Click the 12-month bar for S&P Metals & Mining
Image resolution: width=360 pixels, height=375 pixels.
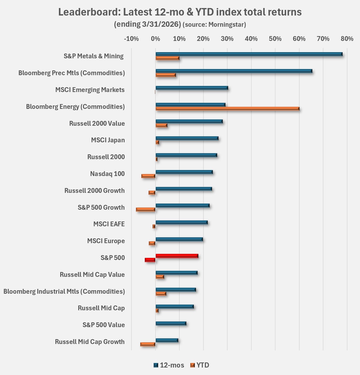tap(249, 54)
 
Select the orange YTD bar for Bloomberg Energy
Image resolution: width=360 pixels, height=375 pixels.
tap(227, 109)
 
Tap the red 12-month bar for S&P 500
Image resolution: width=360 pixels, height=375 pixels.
tap(177, 256)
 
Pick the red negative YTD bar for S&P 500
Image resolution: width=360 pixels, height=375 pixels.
tap(150, 260)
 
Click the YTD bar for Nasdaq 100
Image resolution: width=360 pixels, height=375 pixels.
tap(148, 176)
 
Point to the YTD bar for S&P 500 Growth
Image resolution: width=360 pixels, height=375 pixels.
tap(146, 209)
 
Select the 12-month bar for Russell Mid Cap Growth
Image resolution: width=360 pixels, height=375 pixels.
tap(167, 340)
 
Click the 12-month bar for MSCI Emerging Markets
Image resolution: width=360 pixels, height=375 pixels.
tap(192, 88)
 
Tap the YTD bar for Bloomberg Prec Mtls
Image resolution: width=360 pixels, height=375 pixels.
tap(166, 75)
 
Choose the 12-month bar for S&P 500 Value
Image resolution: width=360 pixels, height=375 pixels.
tap(171, 323)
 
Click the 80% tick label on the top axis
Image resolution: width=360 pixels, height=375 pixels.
tap(347, 39)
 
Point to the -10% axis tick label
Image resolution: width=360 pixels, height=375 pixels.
tap(131, 39)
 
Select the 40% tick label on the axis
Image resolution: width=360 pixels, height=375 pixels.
tap(251, 39)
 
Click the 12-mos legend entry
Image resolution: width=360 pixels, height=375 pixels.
tap(169, 365)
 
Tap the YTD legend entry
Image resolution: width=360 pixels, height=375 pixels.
tap(200, 365)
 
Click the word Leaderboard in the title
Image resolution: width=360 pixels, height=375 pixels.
tap(89, 12)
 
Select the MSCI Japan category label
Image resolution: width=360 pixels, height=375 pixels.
tap(108, 140)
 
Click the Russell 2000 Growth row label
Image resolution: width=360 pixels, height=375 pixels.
tap(94, 191)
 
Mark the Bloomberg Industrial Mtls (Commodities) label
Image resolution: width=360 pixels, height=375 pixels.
tap(64, 291)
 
